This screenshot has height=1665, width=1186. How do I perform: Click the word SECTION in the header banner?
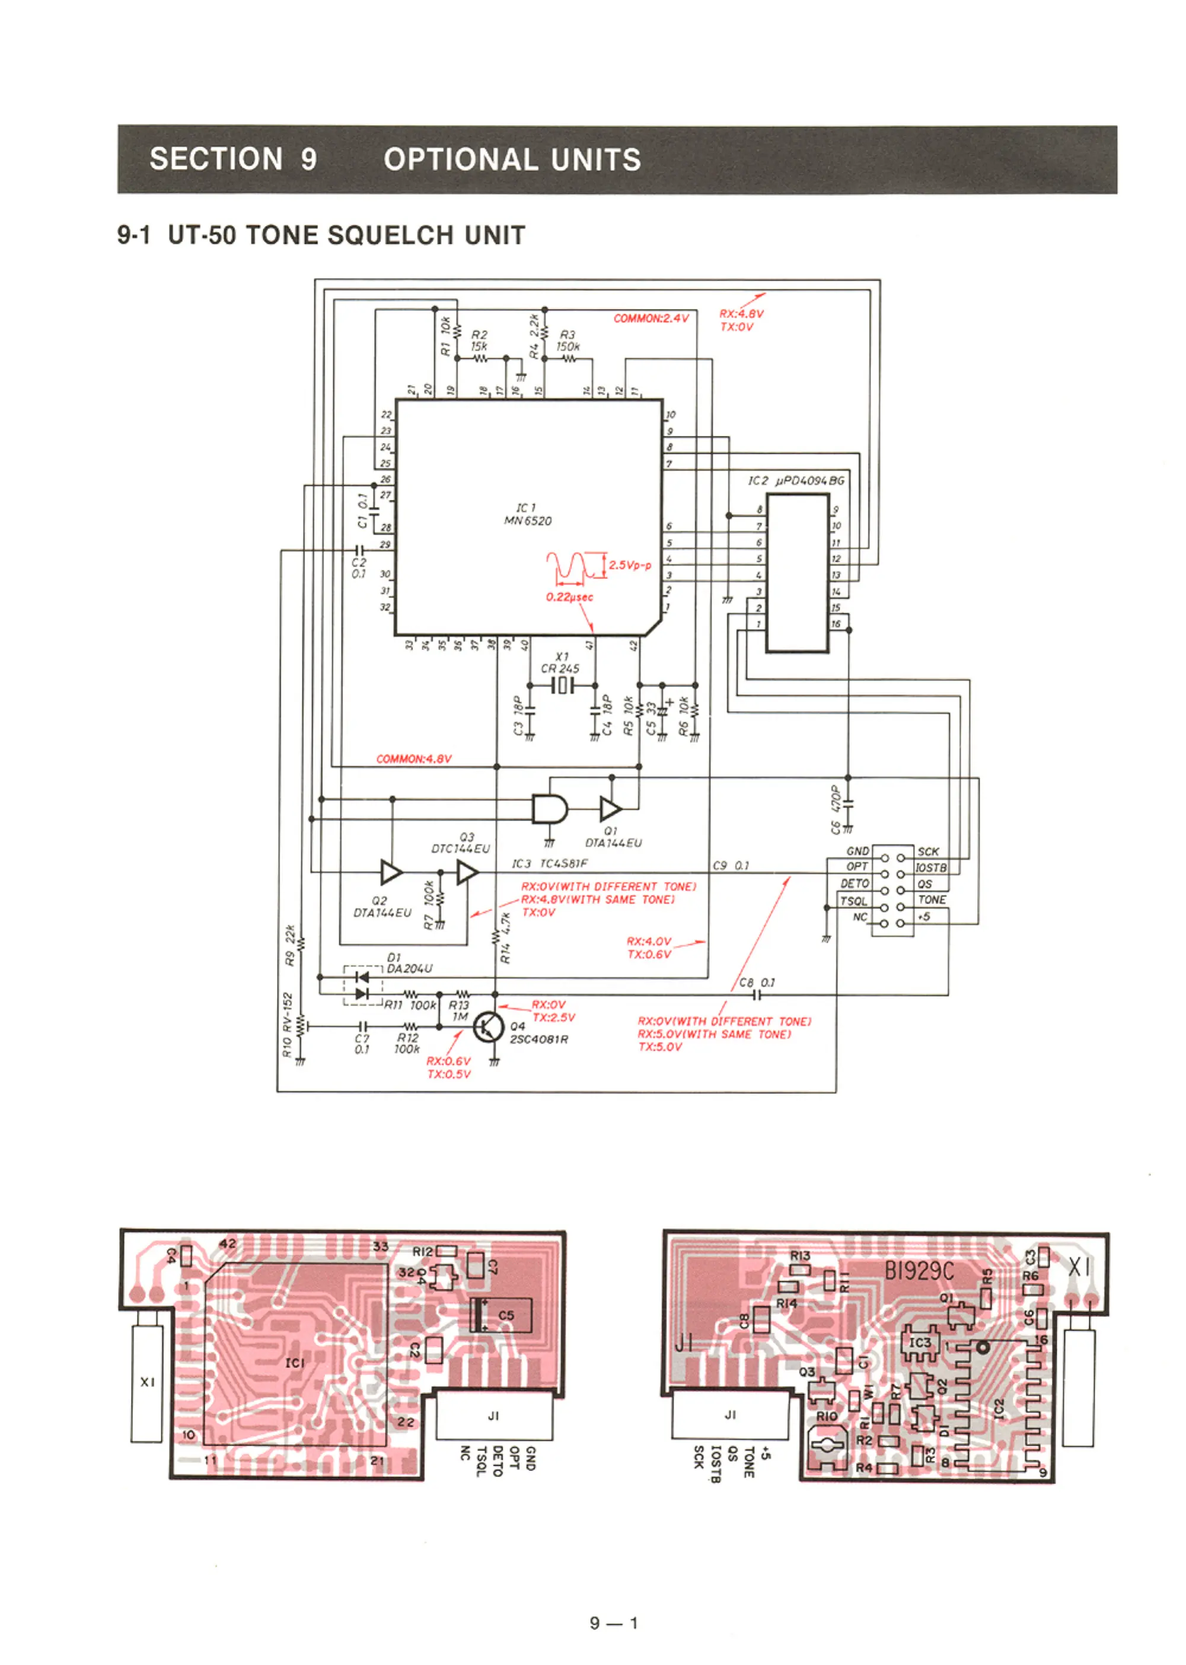pyautogui.click(x=216, y=159)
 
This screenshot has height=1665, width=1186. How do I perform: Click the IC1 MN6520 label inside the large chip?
pyautogui.click(x=527, y=514)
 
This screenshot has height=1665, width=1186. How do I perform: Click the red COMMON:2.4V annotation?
pyautogui.click(x=651, y=318)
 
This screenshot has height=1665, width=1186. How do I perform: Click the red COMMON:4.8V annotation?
pyautogui.click(x=413, y=759)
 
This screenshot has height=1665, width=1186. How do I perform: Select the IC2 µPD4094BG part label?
pyautogui.click(x=796, y=480)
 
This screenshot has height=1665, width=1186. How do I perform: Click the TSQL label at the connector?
pyautogui.click(x=853, y=901)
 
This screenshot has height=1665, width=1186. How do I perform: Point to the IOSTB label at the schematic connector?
pyautogui.click(x=931, y=867)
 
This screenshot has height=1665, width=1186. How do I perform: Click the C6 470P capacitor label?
pyautogui.click(x=836, y=809)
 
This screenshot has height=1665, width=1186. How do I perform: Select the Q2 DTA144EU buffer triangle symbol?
pyautogui.click(x=391, y=872)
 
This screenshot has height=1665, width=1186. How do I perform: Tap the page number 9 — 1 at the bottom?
pyautogui.click(x=613, y=1623)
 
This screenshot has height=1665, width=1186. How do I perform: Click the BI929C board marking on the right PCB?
pyautogui.click(x=919, y=1271)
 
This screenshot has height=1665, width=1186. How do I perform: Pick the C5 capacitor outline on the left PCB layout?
pyautogui.click(x=501, y=1315)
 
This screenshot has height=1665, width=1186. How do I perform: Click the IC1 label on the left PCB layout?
pyautogui.click(x=295, y=1363)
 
